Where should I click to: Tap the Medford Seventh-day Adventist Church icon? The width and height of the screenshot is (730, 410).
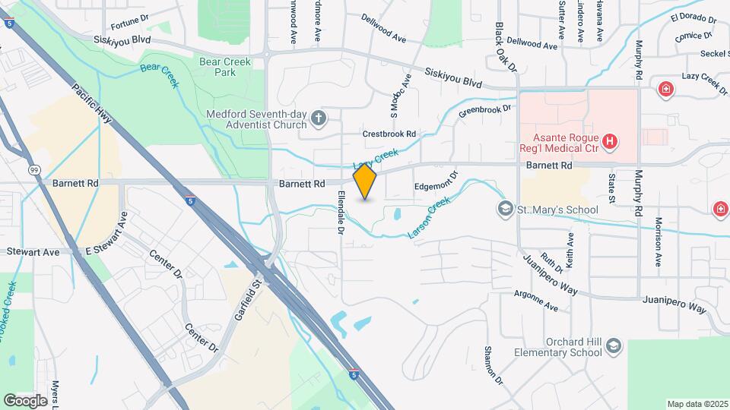(x=319, y=119)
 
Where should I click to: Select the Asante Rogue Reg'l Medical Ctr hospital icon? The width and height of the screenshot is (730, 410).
(x=608, y=140)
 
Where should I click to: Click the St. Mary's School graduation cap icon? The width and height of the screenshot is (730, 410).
(x=503, y=209)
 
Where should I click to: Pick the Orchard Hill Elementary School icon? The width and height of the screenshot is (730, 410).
(x=613, y=347)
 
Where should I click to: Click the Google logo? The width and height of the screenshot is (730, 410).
(x=25, y=400)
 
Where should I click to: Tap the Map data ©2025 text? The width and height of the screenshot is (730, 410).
(x=697, y=404)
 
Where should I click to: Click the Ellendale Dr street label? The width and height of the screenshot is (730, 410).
(x=341, y=211)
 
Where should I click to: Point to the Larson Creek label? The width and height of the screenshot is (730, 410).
(x=430, y=218)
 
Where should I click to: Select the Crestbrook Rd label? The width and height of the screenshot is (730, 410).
(x=389, y=134)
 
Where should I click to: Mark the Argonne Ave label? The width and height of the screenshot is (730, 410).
(x=535, y=301)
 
